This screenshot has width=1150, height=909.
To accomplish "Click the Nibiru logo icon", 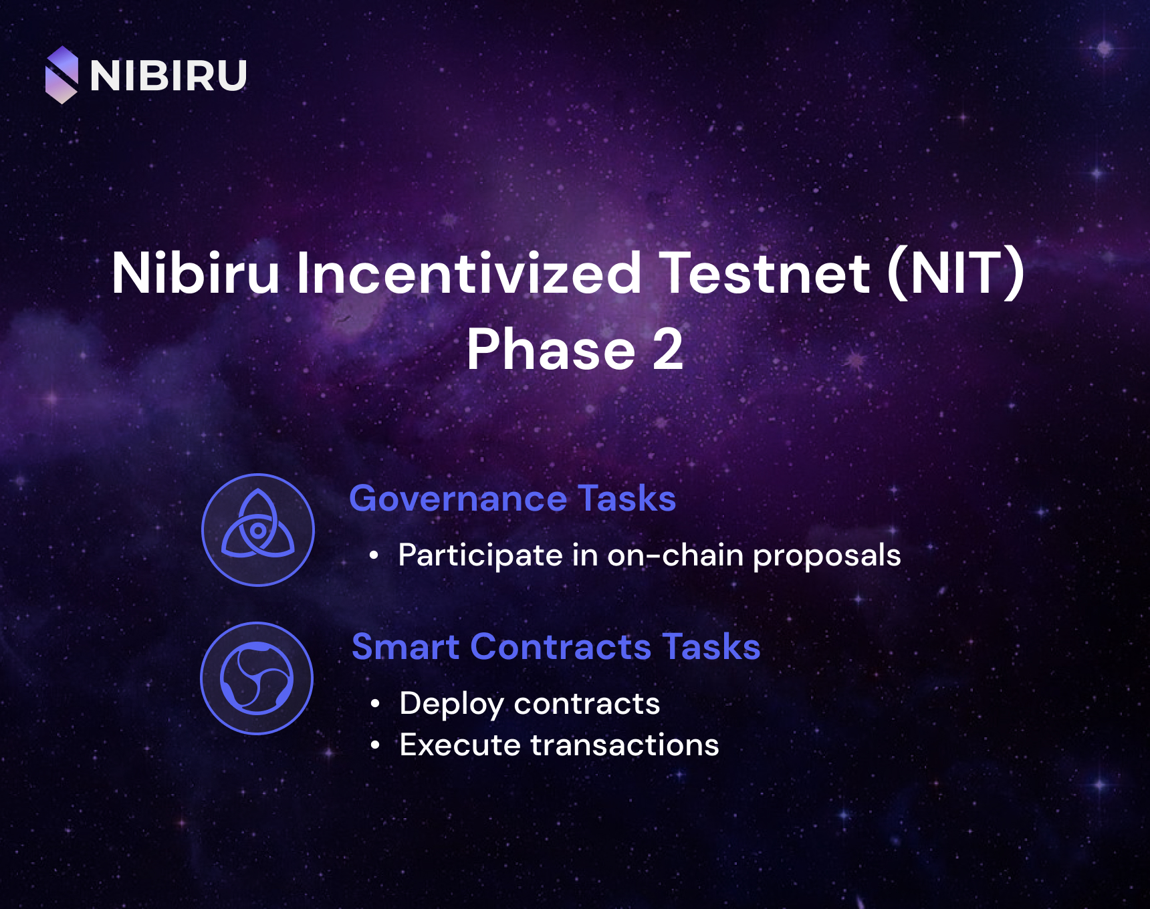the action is [62, 75].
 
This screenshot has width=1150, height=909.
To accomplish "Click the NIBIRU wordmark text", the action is [168, 76].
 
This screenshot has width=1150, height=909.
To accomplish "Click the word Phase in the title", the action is [551, 350].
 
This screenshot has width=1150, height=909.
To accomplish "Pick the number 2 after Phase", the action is [668, 350].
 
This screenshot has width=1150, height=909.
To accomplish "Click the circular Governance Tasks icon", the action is [258, 530].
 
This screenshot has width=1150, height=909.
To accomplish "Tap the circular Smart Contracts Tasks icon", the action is [257, 678].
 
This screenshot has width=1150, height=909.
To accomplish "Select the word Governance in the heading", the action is [458, 499].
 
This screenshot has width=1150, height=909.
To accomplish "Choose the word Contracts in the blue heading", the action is [561, 647].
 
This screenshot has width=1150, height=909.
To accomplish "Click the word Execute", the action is [460, 745].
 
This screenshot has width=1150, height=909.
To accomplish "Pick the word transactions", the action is [624, 745].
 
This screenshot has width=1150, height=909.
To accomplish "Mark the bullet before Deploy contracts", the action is [375, 704].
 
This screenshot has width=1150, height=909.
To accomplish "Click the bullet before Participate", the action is [374, 555].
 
